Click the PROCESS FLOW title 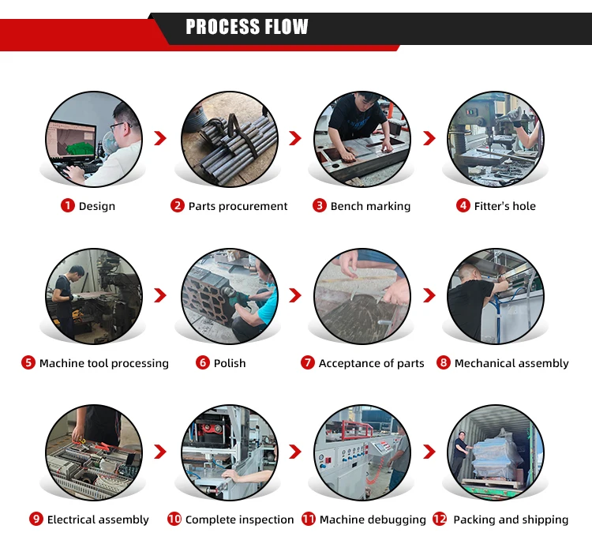point(247,28)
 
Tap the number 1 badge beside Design point(68,206)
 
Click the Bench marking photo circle point(362,139)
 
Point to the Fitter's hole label point(504,206)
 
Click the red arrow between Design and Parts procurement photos point(160,139)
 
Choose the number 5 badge point(28,363)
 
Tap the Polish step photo point(230,296)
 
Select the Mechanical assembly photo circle point(496,296)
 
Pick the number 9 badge point(36,520)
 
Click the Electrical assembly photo point(94,452)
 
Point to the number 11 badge point(309,520)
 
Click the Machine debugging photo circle point(362,452)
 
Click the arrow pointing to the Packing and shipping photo point(429,452)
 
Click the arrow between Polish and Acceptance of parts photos point(294,296)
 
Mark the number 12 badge point(440,520)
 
